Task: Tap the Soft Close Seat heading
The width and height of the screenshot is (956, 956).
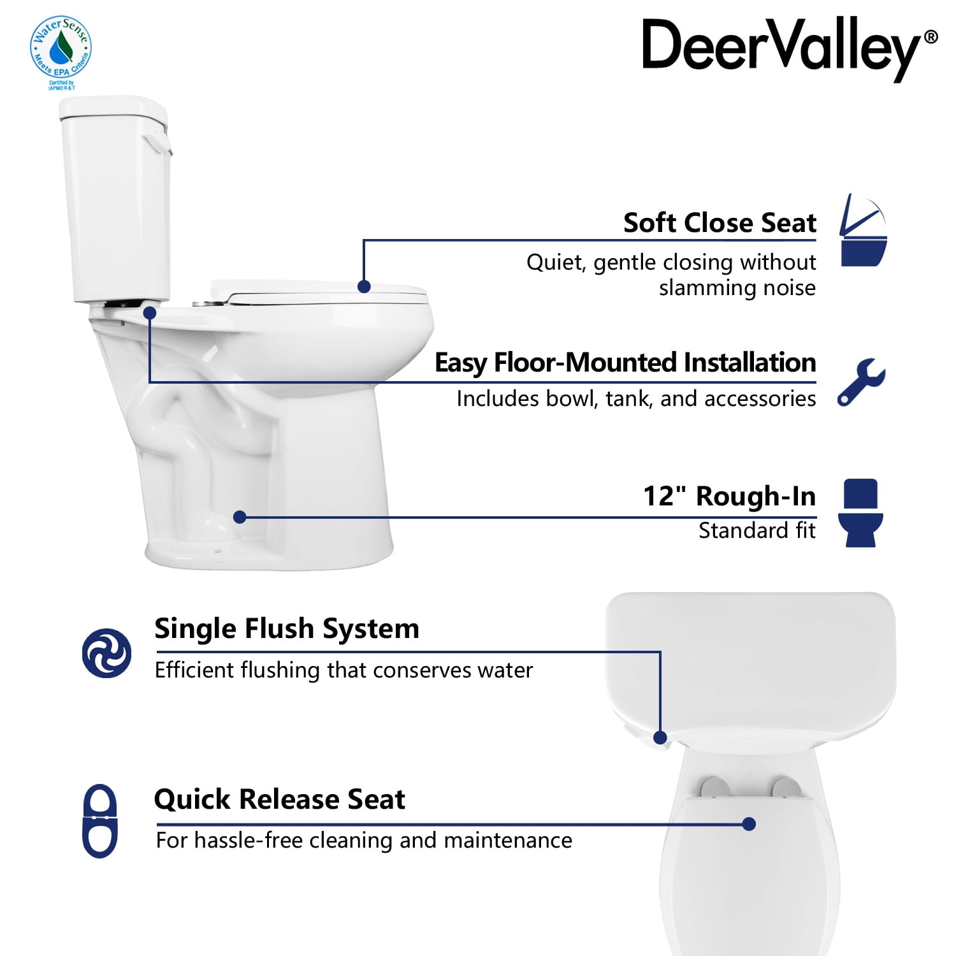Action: pyautogui.click(x=720, y=223)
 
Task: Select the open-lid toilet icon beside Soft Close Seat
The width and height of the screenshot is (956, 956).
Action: pyautogui.click(x=864, y=230)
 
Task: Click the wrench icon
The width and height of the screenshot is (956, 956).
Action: pyautogui.click(x=861, y=382)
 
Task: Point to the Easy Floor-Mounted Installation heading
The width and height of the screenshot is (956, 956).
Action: pyautogui.click(x=625, y=363)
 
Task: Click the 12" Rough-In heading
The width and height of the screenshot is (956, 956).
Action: pyautogui.click(x=729, y=496)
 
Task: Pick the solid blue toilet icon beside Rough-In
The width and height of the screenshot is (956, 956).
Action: pyautogui.click(x=860, y=513)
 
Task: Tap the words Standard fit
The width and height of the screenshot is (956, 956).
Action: pyautogui.click(x=757, y=530)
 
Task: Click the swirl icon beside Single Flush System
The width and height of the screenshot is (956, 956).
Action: pyautogui.click(x=106, y=653)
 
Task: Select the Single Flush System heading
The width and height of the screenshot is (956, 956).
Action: pyautogui.click(x=287, y=629)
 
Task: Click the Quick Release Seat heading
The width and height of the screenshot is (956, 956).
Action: pyautogui.click(x=279, y=799)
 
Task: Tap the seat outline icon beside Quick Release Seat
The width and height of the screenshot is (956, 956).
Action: pyautogui.click(x=100, y=821)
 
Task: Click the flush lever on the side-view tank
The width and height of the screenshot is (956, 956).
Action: pyautogui.click(x=158, y=142)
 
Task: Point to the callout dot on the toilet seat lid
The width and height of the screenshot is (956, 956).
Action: pyautogui.click(x=364, y=287)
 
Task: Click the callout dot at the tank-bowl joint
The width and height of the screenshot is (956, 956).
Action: pyautogui.click(x=150, y=313)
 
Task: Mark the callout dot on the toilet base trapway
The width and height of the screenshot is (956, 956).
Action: pyautogui.click(x=240, y=517)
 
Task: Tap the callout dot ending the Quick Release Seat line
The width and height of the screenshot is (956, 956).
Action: pyautogui.click(x=750, y=824)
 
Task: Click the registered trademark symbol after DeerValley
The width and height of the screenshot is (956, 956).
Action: pyautogui.click(x=931, y=37)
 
